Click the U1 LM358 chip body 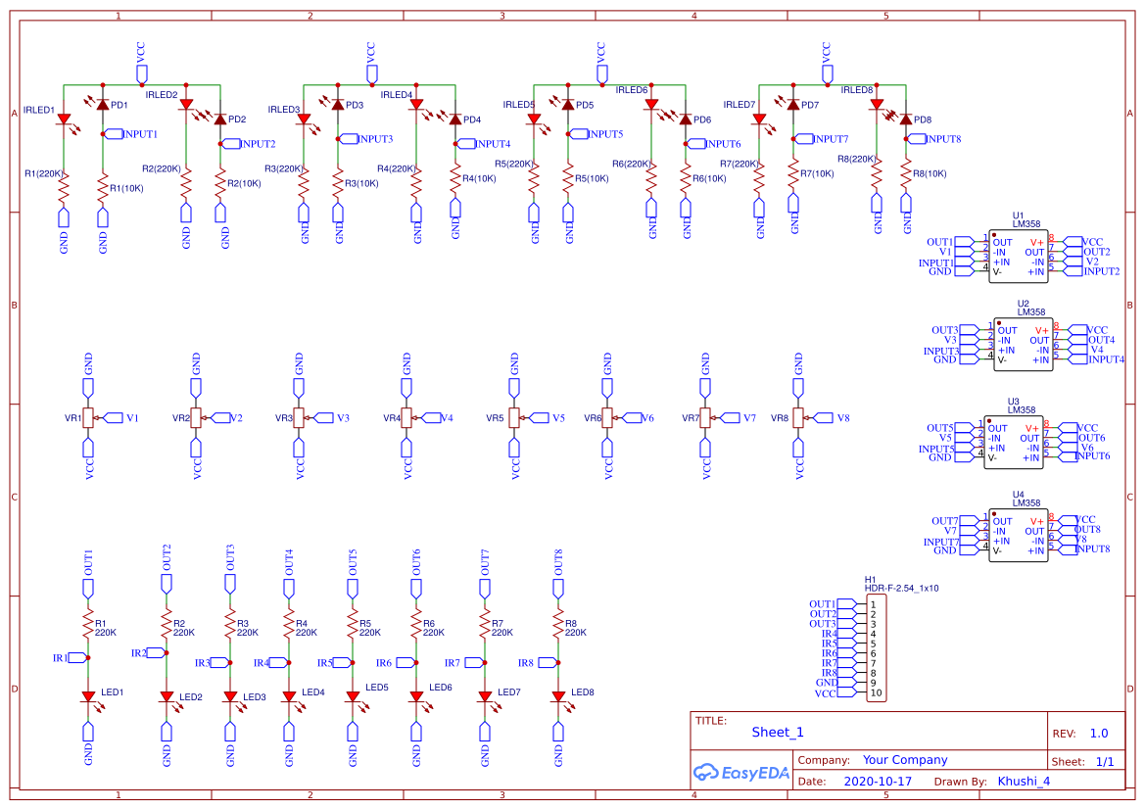(1018, 258)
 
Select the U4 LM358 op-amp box (1018, 536)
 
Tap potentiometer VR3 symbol (300, 418)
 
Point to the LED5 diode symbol (353, 696)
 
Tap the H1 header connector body (877, 648)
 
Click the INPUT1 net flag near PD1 (136, 134)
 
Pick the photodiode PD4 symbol (455, 119)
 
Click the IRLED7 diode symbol (759, 119)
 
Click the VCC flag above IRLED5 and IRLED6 (601, 62)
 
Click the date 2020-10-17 (878, 782)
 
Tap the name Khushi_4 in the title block (1024, 782)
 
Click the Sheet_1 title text (778, 732)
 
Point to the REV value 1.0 (1098, 734)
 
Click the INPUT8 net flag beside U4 (1092, 548)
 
